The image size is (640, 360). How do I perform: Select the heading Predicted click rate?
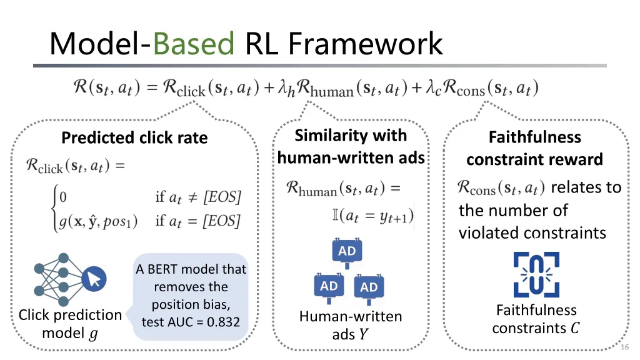pos(135,138)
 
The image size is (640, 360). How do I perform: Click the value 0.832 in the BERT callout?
pos(223,322)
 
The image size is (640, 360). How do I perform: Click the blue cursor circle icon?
pos(94,279)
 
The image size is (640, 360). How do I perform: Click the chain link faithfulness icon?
pos(536,274)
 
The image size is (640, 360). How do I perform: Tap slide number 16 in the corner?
pos(624,347)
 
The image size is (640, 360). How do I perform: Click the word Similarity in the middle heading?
pos(323,136)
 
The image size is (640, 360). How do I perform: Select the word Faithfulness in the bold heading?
pos(535,137)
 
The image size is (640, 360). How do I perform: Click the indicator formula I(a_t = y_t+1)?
pos(373,216)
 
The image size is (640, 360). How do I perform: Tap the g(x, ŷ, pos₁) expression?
pos(98,221)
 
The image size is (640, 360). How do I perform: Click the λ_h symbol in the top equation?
pos(286,89)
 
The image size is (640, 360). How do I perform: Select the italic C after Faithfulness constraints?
pos(575,327)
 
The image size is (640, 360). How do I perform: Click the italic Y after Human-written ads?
pos(363,334)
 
